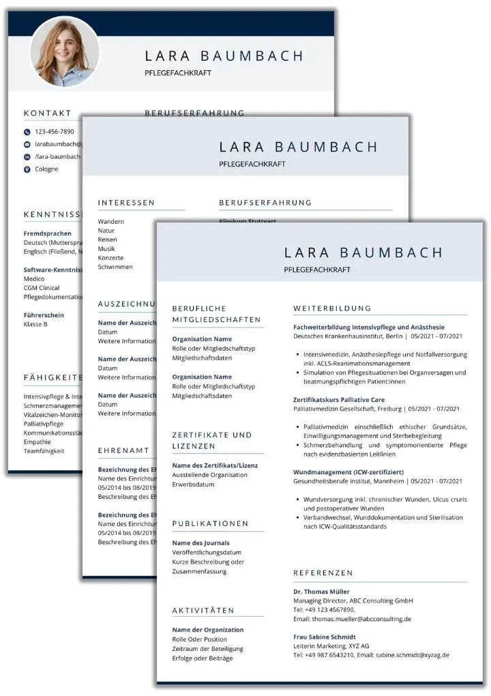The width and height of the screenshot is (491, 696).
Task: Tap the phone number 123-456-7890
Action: [x=55, y=132]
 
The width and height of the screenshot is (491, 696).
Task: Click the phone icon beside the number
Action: [x=27, y=132]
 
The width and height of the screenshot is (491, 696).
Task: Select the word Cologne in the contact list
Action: [x=46, y=169]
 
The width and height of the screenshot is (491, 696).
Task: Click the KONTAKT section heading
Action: [x=47, y=113]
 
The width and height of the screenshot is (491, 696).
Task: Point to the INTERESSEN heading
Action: [x=126, y=203]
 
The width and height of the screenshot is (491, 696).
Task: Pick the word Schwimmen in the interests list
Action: [x=115, y=267]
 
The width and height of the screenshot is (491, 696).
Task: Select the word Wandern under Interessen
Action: [x=111, y=222]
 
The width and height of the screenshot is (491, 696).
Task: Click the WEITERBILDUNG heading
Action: [x=332, y=308]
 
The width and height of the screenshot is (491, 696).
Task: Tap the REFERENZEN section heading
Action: [x=323, y=572]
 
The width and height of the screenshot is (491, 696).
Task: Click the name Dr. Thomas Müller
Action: [x=321, y=591]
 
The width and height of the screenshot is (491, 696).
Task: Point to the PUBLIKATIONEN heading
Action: [x=210, y=523]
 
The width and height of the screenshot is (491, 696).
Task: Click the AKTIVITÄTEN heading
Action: [x=203, y=610]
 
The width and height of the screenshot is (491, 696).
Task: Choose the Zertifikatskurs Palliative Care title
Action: [x=339, y=399]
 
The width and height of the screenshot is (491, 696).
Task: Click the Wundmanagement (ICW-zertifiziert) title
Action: [x=348, y=472]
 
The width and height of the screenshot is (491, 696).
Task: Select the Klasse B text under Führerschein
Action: [x=35, y=324]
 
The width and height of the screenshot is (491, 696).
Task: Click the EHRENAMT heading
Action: [x=123, y=451]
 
